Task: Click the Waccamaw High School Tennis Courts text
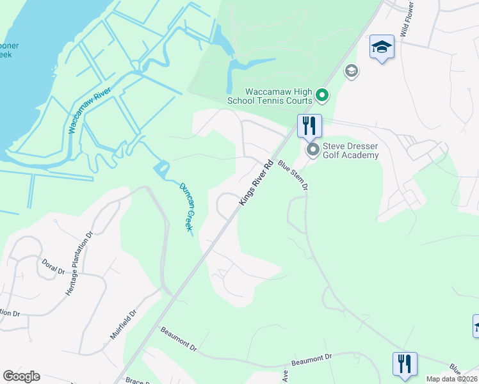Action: (x=270, y=96)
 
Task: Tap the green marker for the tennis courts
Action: (x=323, y=96)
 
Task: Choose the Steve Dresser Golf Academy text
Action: (x=351, y=150)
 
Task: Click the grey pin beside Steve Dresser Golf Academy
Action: (x=313, y=150)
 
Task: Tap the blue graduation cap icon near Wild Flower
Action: (x=382, y=47)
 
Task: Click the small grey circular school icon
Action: (x=351, y=70)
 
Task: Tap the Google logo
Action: (x=21, y=376)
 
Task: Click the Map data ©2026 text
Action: (x=451, y=379)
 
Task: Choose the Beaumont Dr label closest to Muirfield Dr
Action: (x=179, y=337)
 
